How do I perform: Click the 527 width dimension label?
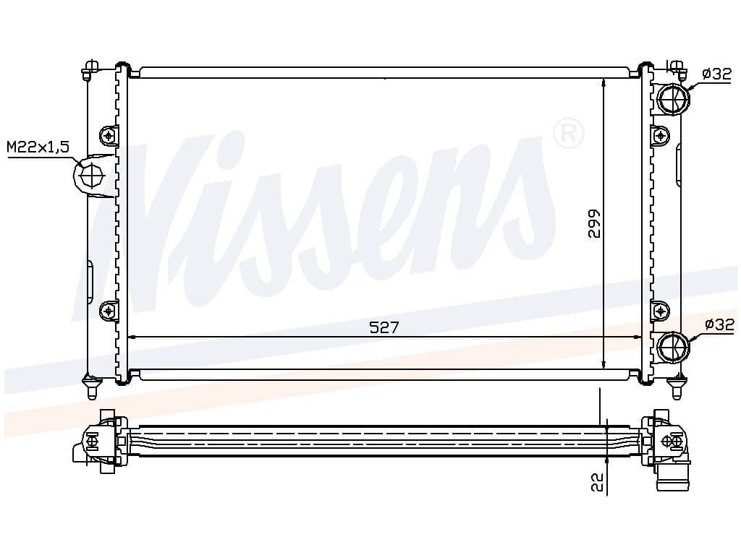384,327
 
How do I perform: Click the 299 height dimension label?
594,223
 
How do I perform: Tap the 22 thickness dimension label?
598,482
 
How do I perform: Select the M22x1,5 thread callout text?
38,147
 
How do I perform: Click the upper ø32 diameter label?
716,74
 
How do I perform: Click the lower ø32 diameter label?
719,324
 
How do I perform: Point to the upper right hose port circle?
674,98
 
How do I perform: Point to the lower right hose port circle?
674,348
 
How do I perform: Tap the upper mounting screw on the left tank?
109,136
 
